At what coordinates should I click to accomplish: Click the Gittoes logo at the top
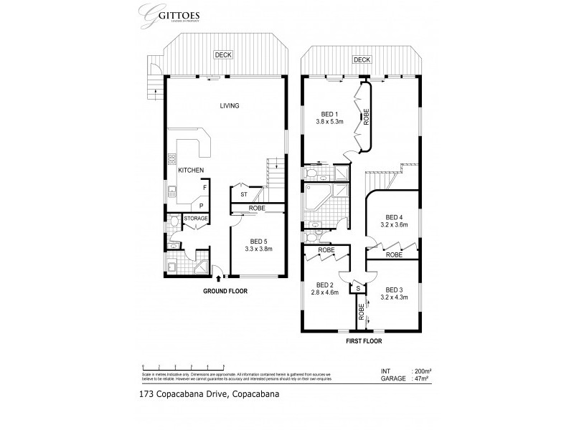point(169,16)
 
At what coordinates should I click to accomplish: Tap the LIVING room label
point(229,106)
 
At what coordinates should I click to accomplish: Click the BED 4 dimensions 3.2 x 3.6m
point(395,224)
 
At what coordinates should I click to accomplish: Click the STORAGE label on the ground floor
point(195,218)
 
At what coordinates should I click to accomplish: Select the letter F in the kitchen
point(204,188)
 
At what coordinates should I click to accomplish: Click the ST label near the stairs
point(243,194)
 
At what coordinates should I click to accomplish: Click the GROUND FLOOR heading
point(225,292)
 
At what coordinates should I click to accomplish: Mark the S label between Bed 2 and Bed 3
point(357,288)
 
